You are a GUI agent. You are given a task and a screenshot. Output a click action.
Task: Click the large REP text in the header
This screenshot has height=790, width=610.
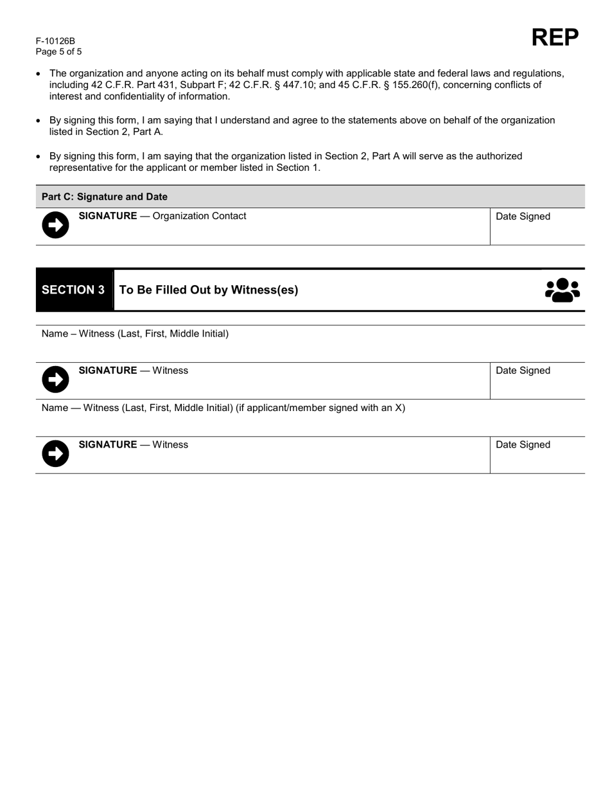point(555,38)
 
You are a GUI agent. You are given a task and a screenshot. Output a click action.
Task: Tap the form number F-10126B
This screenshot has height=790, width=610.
point(55,41)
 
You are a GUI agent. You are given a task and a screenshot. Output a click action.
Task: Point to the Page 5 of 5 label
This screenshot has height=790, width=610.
point(58,52)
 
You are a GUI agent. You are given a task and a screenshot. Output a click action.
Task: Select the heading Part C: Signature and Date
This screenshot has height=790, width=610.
point(104,197)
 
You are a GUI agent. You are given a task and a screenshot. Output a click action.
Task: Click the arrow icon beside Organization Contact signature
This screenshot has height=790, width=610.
point(55,225)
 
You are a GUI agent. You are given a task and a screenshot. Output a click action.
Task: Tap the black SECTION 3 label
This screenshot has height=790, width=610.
point(73,290)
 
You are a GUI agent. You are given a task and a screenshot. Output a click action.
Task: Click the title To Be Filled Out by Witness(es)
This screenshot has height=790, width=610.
point(209,290)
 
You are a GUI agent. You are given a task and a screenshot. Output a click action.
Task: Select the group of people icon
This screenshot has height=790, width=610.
point(562,290)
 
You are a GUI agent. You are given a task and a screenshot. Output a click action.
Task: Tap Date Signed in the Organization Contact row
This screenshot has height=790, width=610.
point(523,216)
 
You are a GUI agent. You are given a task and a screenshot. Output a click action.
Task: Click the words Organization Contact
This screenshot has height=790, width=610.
point(199,216)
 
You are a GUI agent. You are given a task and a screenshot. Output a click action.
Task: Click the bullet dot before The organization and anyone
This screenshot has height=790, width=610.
point(39,74)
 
